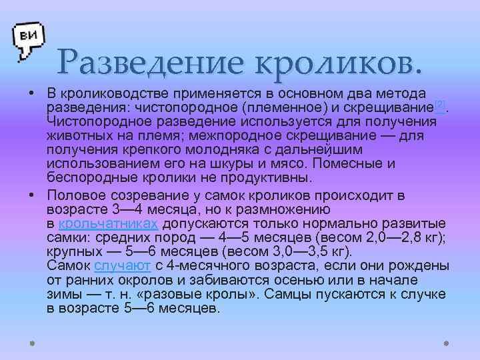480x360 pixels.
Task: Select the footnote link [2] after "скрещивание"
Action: (x=439, y=105)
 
